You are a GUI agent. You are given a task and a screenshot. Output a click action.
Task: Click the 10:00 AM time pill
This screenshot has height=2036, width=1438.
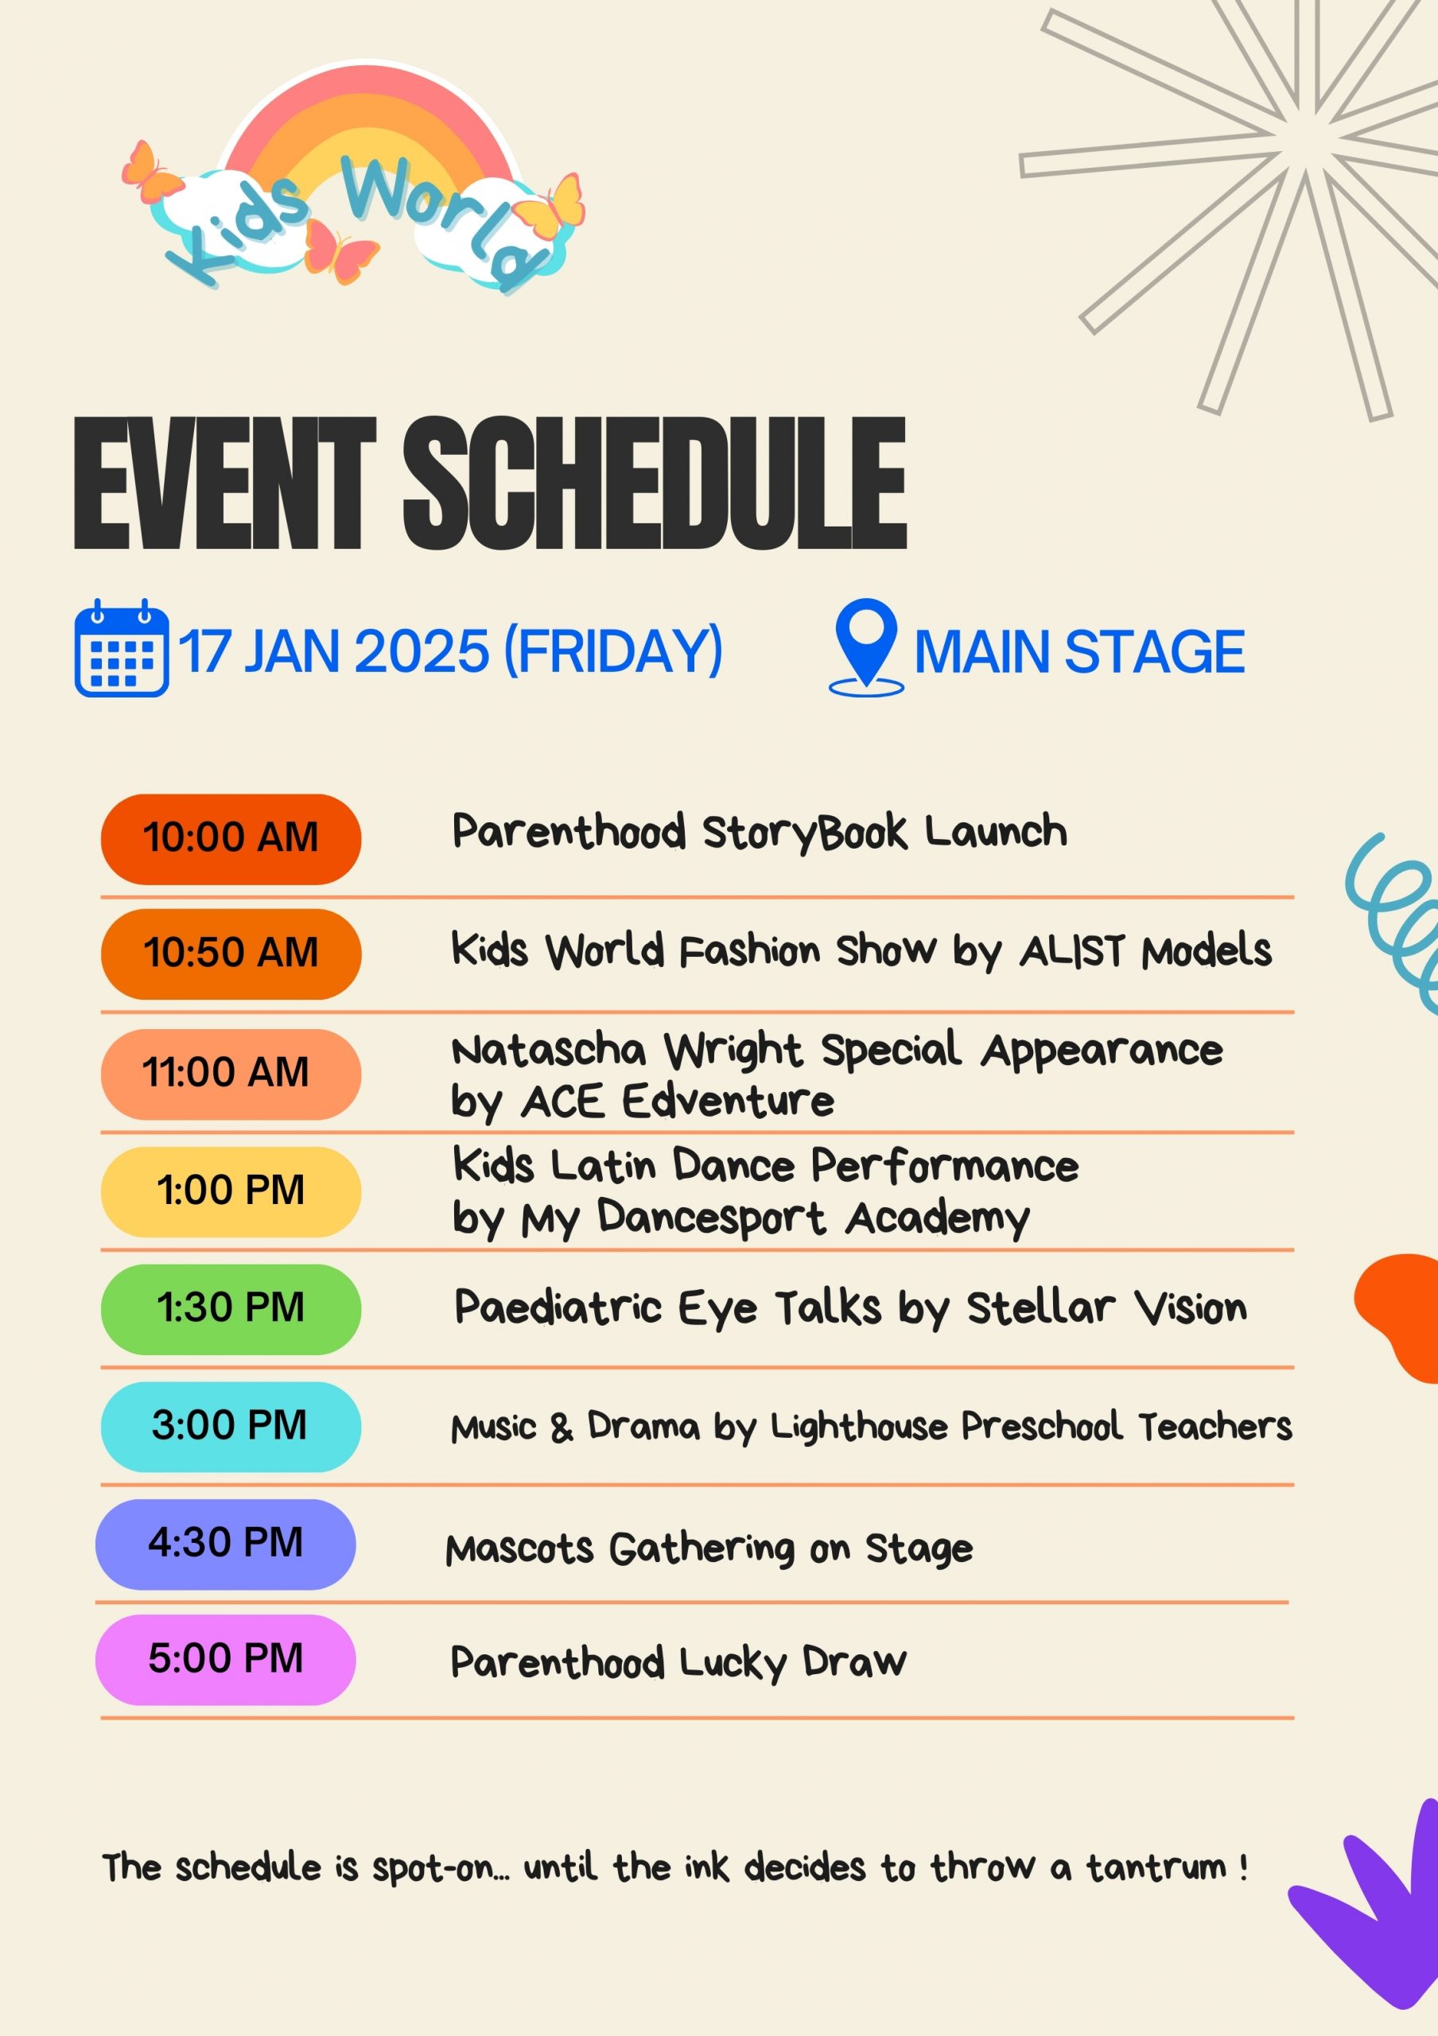pyautogui.click(x=231, y=839)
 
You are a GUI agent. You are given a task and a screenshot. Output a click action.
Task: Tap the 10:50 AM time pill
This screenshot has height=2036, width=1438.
pyautogui.click(x=231, y=954)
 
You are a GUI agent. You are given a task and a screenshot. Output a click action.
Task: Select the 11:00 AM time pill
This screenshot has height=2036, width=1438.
pyautogui.click(x=231, y=1074)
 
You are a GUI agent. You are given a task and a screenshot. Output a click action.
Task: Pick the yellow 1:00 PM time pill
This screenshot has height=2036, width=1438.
pyautogui.click(x=231, y=1192)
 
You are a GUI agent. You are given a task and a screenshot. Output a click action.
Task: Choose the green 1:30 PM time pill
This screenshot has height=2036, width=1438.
pyautogui.click(x=231, y=1310)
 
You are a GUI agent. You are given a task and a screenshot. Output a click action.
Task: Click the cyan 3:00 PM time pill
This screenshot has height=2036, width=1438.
pyautogui.click(x=231, y=1427)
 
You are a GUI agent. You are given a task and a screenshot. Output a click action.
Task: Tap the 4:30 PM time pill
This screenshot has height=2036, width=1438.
pyautogui.click(x=225, y=1544)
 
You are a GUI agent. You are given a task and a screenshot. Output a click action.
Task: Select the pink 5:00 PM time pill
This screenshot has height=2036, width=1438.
pyautogui.click(x=225, y=1660)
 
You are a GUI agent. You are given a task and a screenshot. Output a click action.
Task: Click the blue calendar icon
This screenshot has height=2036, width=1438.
pyautogui.click(x=122, y=648)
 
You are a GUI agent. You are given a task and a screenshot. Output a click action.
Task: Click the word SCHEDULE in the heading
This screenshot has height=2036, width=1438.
pyautogui.click(x=655, y=484)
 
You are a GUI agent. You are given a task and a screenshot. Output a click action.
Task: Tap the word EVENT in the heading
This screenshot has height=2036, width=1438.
pyautogui.click(x=225, y=484)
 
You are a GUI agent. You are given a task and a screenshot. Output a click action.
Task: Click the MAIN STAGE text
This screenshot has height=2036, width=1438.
pyautogui.click(x=1079, y=652)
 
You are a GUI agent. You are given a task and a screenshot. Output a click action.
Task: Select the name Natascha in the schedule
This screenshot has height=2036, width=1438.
pyautogui.click(x=549, y=1051)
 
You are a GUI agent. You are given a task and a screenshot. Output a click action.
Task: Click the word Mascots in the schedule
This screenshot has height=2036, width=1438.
pyautogui.click(x=519, y=1549)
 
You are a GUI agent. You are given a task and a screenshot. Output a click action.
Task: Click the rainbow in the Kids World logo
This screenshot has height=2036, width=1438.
pyautogui.click(x=368, y=115)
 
